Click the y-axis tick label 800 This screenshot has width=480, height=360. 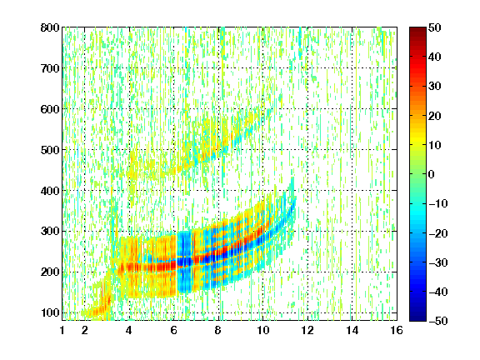tap(50, 27)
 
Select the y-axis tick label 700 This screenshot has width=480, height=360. tap(50, 68)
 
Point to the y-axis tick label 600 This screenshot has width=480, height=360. tap(50, 109)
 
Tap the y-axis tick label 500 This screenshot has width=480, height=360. tap(50, 150)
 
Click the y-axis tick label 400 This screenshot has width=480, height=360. tap(50, 191)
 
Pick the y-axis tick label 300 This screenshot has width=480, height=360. tap(50, 231)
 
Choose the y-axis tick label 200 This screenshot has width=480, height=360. tap(50, 272)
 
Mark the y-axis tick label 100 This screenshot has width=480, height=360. tap(50, 312)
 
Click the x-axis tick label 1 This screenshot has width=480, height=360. tap(62, 330)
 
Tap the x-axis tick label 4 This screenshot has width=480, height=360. tap(129, 330)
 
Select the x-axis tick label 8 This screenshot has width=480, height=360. tap(218, 330)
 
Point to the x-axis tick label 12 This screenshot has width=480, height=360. tap(307, 330)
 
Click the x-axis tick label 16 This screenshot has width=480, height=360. tap(397, 330)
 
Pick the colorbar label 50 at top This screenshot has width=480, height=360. tap(435, 27)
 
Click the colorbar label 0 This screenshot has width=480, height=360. tap(432, 174)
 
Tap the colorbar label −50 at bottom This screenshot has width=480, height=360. tap(438, 321)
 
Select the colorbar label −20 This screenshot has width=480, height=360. tap(438, 233)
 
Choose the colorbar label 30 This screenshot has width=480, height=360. tap(435, 86)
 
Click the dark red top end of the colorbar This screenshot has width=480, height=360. tap(417, 29)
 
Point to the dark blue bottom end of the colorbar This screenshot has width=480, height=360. tap(417, 319)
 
